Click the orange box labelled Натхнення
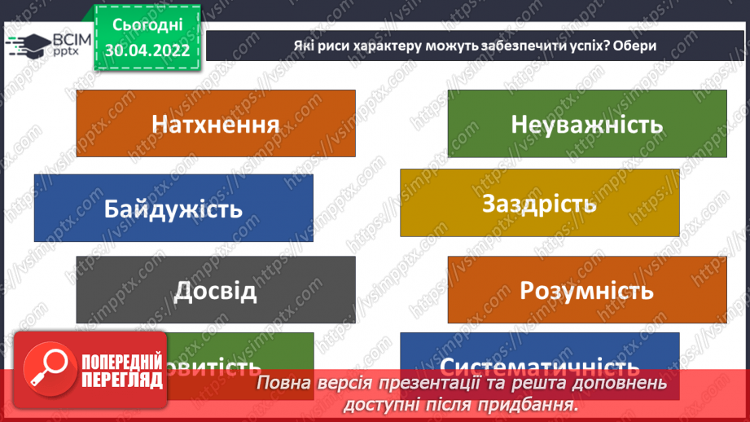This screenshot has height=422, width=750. point(215,124)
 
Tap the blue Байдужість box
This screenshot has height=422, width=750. point(173,208)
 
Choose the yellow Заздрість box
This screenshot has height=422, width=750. point(539,203)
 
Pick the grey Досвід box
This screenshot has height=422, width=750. point(215,290)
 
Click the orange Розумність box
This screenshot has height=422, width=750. point(586,290)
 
